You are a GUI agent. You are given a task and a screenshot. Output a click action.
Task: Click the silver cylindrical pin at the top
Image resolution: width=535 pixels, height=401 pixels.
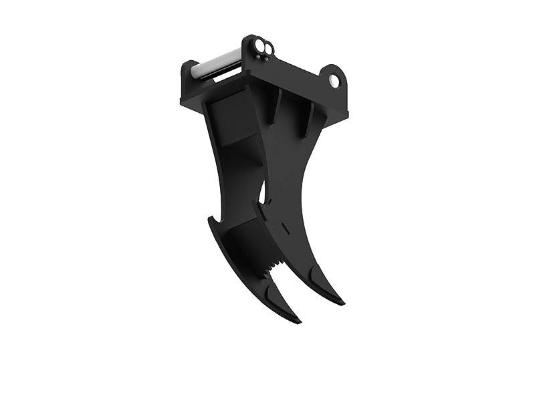pos(217,65)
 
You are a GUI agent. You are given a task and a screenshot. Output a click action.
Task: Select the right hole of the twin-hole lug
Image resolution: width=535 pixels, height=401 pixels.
pos(268,49)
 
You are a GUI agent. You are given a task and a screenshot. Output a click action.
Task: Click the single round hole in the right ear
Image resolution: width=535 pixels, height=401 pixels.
pos(334,82)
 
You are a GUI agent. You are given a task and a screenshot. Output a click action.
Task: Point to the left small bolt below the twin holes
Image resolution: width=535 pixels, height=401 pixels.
pos(258,57)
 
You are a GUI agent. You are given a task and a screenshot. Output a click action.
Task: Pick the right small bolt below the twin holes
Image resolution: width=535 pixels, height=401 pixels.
pos(266,59)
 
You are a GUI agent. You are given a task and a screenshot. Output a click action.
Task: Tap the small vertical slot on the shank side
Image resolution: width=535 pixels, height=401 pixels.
pos(286,229)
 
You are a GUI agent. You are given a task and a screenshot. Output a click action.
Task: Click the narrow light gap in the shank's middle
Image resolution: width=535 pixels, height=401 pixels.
pos(266,194)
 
